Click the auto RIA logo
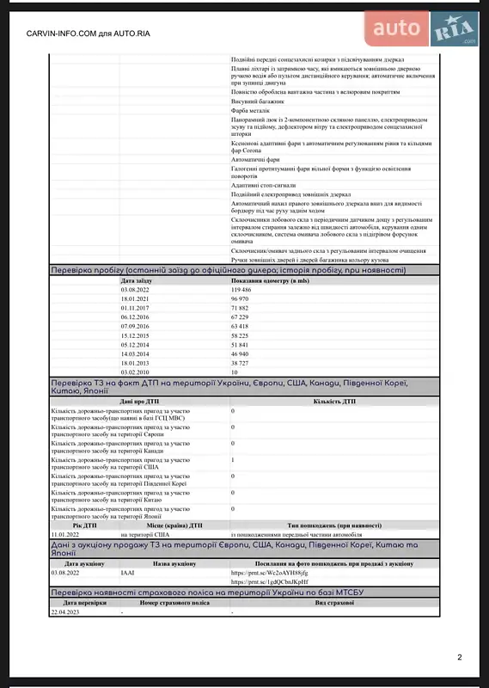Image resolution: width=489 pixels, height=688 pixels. (x=421, y=29)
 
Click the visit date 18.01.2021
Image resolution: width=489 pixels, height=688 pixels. (x=137, y=298)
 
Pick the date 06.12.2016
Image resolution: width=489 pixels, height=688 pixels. (x=137, y=316)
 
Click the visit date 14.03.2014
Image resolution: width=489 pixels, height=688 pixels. (x=137, y=353)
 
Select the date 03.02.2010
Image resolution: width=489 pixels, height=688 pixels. (x=137, y=372)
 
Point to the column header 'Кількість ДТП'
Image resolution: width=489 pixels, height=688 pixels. (x=330, y=401)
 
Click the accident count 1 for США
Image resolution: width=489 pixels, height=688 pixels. (x=233, y=460)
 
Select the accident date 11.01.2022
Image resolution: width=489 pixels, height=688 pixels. (x=66, y=534)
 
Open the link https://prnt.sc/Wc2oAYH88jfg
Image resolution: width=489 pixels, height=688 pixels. (x=269, y=572)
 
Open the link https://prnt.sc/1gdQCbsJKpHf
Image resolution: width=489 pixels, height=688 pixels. (x=269, y=581)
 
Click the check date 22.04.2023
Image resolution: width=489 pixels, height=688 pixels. (x=66, y=611)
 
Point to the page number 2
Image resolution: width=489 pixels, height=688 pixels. (x=460, y=658)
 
